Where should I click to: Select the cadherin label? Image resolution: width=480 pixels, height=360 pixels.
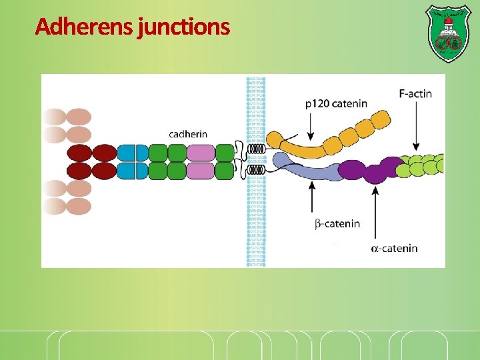click(x=188, y=134)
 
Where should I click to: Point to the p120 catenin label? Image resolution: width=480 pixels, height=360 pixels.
click(x=336, y=103)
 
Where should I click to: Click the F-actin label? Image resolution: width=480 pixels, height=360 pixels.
click(x=415, y=94)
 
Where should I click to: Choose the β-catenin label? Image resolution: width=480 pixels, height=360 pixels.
click(x=337, y=223)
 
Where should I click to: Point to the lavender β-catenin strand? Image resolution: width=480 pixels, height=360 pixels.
click(x=307, y=169)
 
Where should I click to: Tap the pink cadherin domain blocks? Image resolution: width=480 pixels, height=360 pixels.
click(x=201, y=162)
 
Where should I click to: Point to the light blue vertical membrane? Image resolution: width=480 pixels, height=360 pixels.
click(x=256, y=220)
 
